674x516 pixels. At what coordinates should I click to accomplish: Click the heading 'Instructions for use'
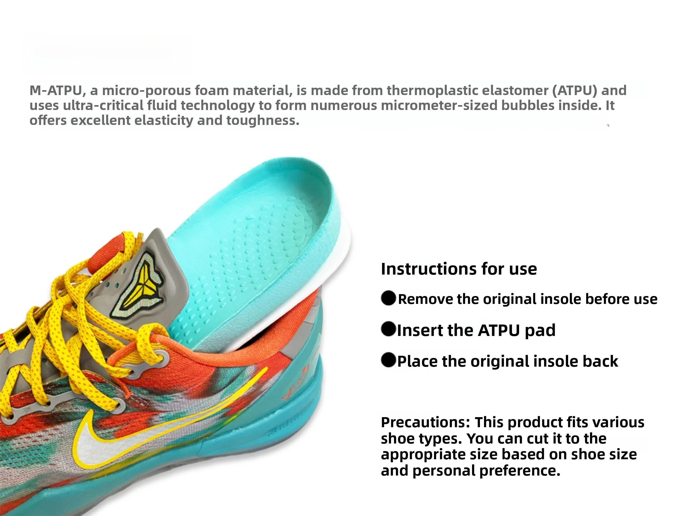coord(458,269)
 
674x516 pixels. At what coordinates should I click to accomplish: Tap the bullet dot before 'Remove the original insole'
coord(388,298)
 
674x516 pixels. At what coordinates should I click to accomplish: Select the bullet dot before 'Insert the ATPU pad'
coord(388,329)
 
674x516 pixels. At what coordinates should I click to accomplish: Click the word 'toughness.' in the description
coord(263,120)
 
